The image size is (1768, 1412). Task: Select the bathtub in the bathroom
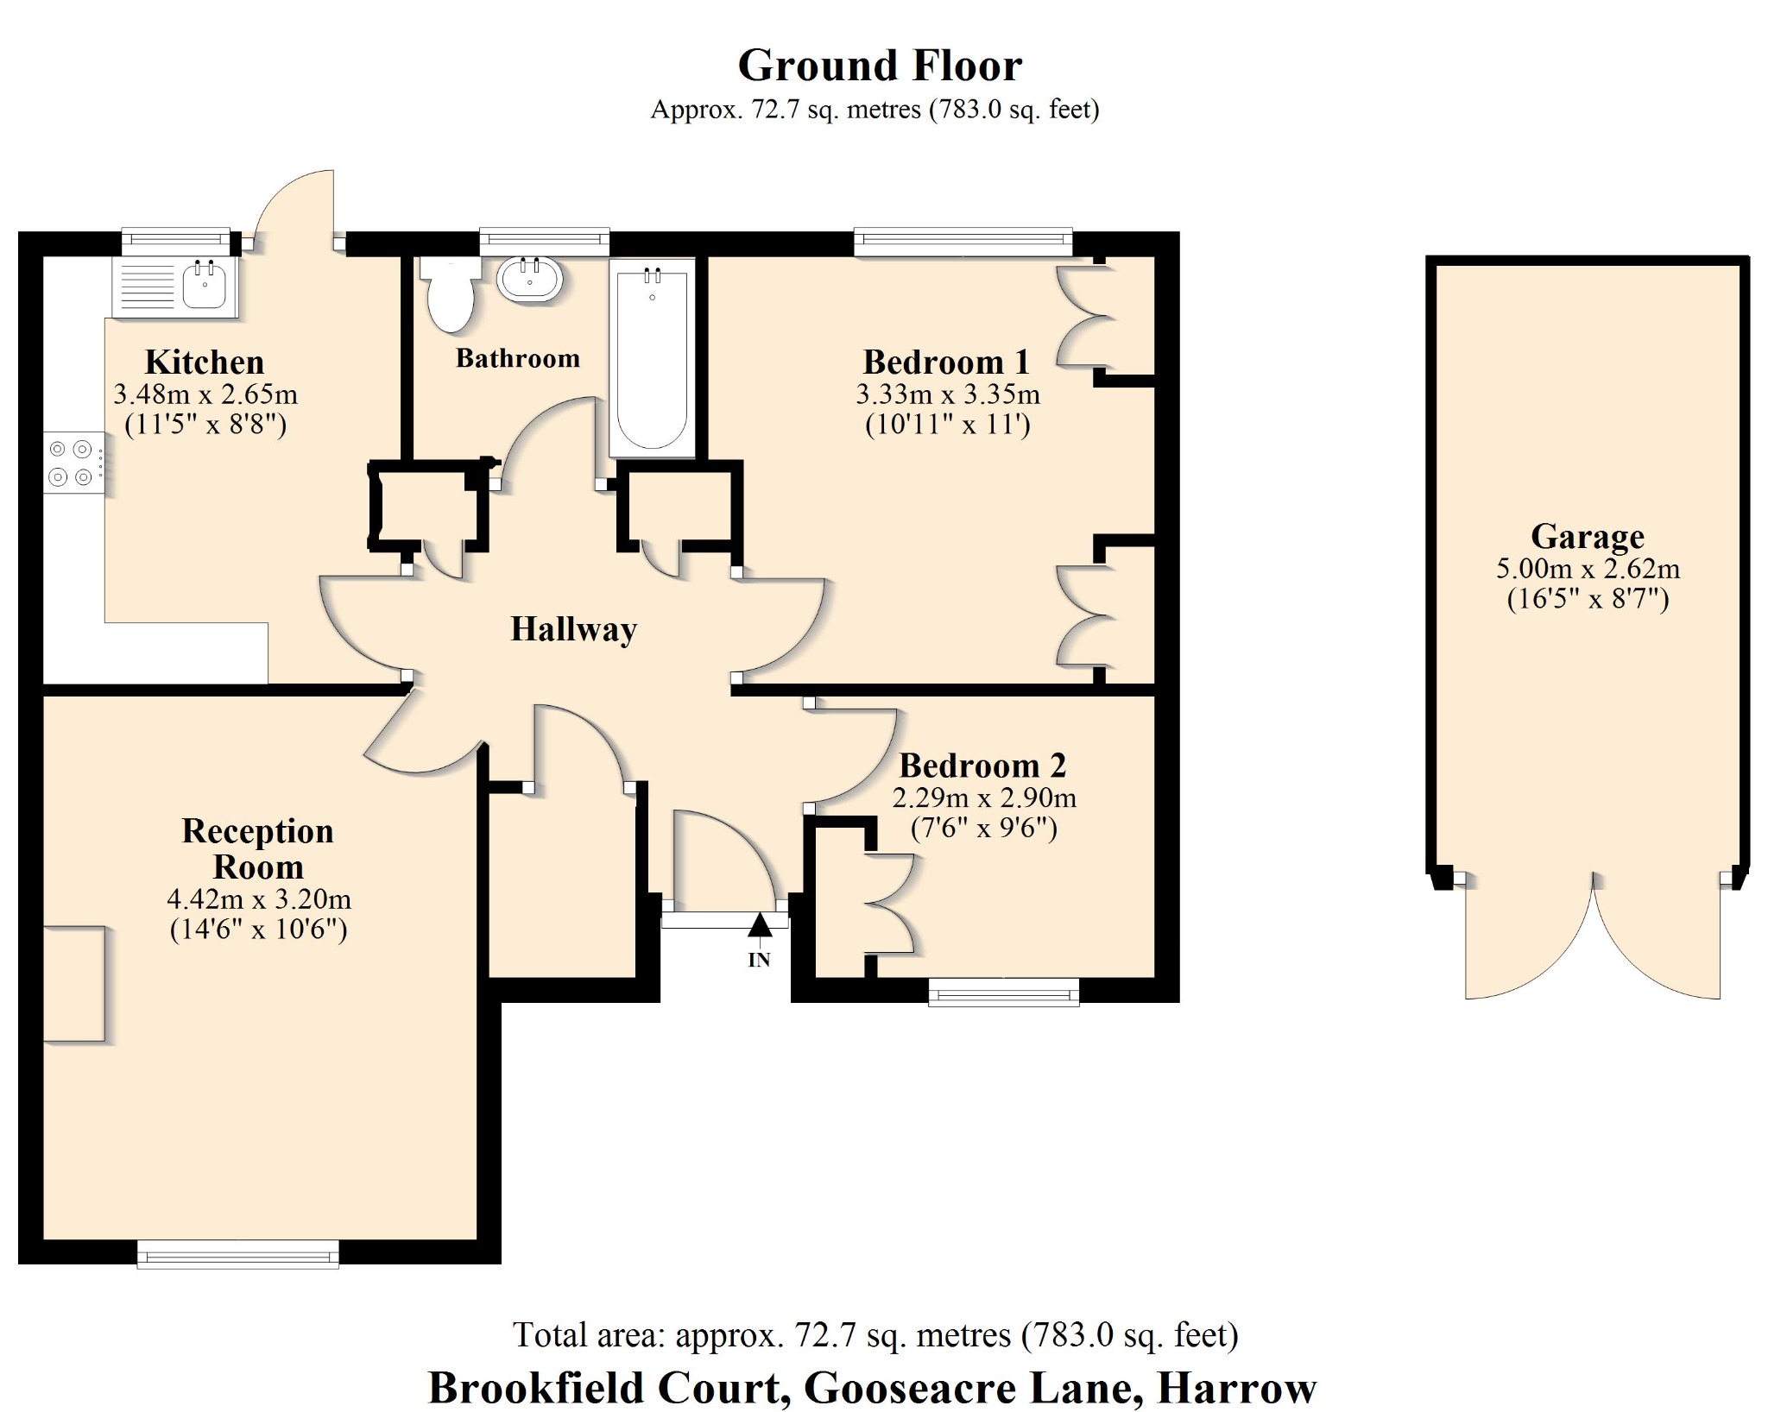652,358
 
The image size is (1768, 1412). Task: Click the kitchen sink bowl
205,286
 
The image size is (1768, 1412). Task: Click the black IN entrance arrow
759,926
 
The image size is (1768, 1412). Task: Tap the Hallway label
573,629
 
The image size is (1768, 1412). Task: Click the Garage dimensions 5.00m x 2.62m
1587,569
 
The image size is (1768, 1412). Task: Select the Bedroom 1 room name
946,362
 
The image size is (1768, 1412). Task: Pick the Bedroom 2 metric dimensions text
983,797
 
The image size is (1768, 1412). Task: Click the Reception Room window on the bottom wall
238,1254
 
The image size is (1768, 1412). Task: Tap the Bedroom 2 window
1003,992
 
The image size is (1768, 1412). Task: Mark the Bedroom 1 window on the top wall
963,242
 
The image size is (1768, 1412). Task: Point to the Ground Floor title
879,66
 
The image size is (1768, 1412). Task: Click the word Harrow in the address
1236,1388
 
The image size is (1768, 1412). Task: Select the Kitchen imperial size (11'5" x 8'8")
205,425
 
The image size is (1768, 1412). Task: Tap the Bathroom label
517,358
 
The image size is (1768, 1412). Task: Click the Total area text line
875,1335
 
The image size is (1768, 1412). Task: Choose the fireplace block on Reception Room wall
74,984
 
